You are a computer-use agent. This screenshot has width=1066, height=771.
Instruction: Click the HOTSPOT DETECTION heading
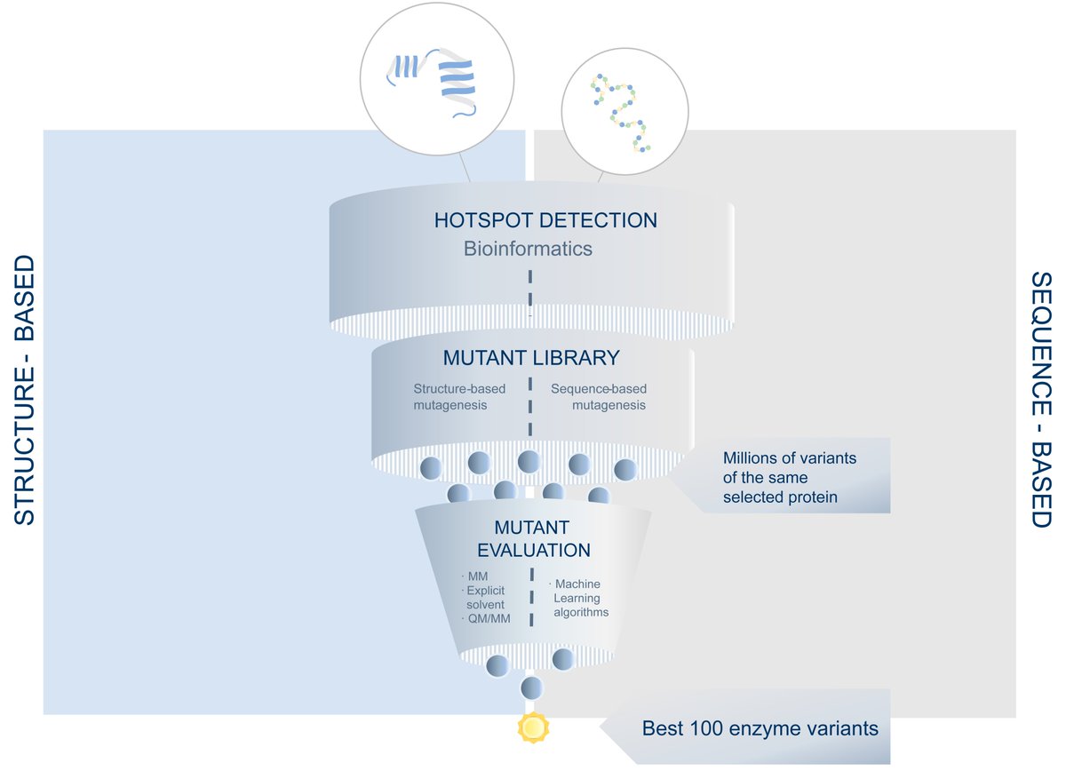click(x=545, y=220)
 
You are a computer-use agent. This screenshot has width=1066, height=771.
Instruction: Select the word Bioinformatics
click(x=528, y=249)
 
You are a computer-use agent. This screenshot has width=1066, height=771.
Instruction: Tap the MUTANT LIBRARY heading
click(x=530, y=359)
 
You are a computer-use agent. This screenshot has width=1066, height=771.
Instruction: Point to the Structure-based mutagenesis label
click(x=450, y=396)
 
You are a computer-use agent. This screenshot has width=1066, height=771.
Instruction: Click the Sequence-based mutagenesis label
click(x=599, y=396)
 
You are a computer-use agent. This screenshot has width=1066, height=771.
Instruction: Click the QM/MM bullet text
click(x=488, y=618)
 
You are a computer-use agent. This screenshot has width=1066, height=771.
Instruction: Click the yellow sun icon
click(x=532, y=728)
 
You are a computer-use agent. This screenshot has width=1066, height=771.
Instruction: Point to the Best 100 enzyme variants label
click(x=760, y=729)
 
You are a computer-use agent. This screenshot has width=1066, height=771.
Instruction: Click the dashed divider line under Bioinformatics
click(x=529, y=290)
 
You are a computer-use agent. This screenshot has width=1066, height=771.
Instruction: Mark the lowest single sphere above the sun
click(x=531, y=687)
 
